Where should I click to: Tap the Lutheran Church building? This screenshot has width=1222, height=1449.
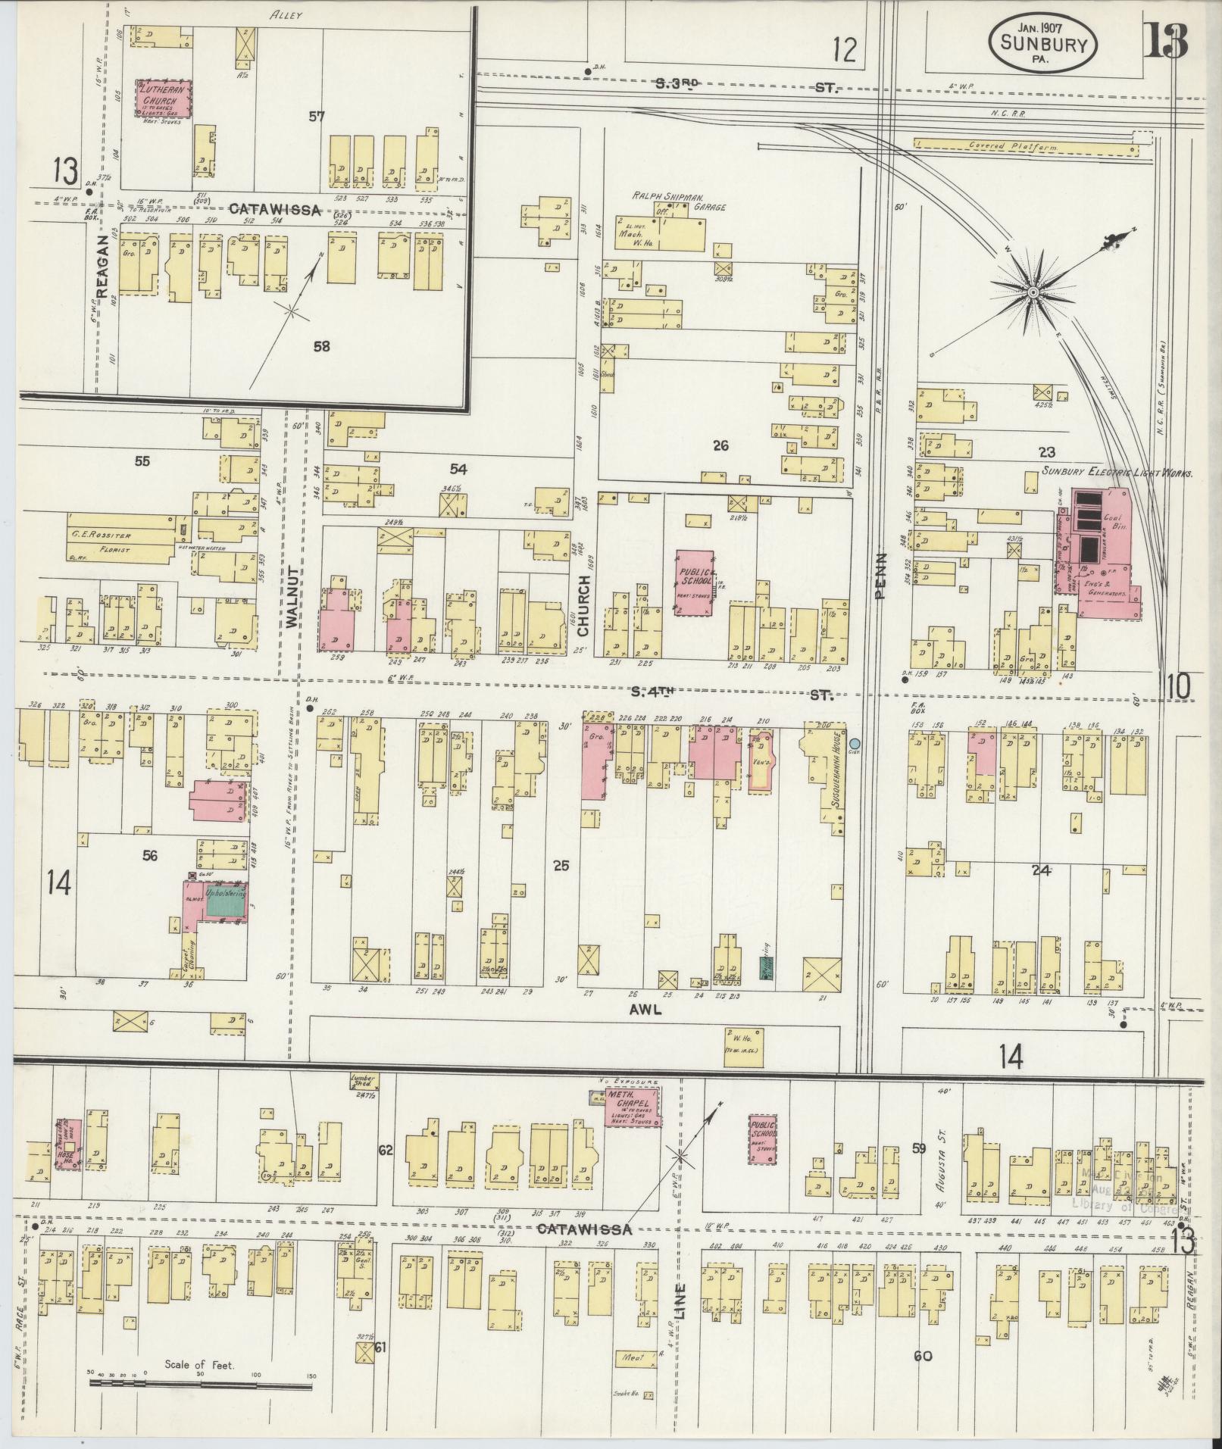point(163,99)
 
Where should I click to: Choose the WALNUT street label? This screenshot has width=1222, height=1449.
point(295,606)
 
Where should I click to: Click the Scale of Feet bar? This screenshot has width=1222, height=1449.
point(200,1383)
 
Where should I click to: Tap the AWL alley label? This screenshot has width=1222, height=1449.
point(640,1009)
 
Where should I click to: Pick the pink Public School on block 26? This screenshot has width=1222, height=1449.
point(695,582)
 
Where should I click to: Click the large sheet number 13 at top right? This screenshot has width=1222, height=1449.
point(1165,42)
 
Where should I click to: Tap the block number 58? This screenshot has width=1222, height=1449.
point(322,346)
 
